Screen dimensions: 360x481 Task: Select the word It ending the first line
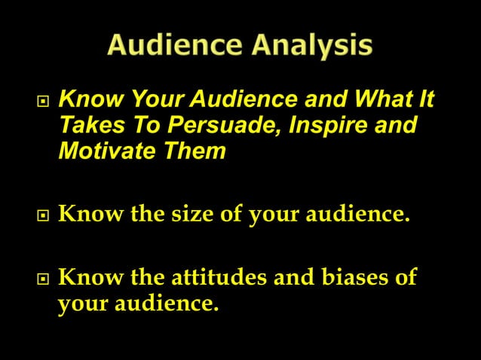click(427, 99)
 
